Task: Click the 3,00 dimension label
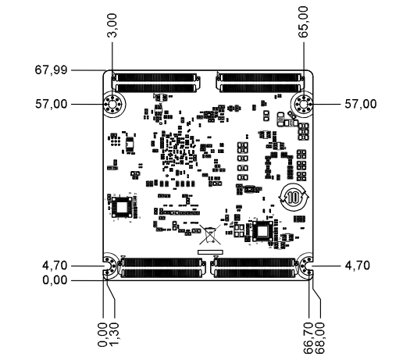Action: (113, 29)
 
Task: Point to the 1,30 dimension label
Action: (114, 333)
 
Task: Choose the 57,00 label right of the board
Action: (362, 102)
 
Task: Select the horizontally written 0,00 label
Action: (55, 279)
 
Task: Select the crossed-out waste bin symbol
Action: (212, 235)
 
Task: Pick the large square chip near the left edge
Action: (122, 208)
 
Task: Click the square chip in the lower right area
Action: (261, 231)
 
